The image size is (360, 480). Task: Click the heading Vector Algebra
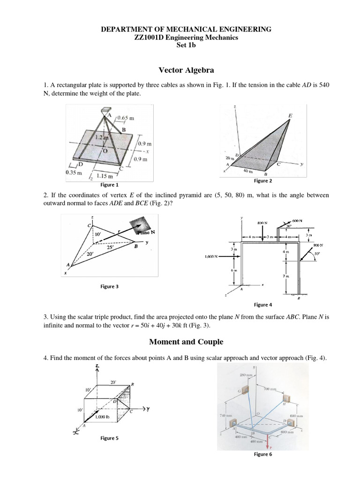pos(187,70)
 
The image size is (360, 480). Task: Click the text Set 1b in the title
pos(187,45)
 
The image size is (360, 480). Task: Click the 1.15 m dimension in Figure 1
pos(105,176)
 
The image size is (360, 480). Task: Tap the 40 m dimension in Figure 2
pos(248,171)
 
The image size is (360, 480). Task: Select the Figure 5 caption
pos(109,438)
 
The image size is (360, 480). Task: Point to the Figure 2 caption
pos(263,181)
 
